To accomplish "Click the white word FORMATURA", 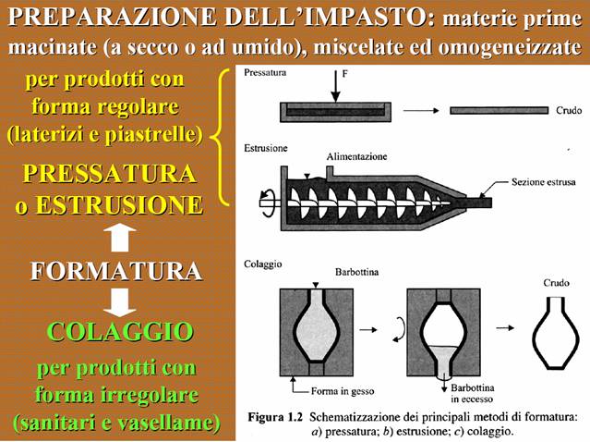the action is (x=116, y=271).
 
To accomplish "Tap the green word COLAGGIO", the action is (x=120, y=332).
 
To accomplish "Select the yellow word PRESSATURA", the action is (x=110, y=173).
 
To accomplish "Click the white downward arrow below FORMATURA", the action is (x=120, y=302).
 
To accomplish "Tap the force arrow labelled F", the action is (x=335, y=86).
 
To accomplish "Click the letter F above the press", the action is (x=345, y=73).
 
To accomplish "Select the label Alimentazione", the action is (x=356, y=156).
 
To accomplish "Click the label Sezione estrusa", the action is (x=543, y=182).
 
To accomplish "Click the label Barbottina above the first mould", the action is (x=356, y=272).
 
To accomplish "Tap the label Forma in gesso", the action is (x=343, y=391).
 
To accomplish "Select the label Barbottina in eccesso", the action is (x=472, y=393).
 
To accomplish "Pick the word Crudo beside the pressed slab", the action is (x=569, y=110).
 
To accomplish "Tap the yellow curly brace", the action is (x=220, y=137).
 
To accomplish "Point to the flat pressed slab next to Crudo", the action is (x=500, y=110).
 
